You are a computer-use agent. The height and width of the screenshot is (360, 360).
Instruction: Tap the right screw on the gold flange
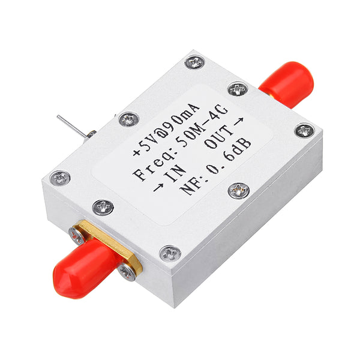pos(127,272)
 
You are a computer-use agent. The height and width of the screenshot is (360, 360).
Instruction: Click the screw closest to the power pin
pos(128,119)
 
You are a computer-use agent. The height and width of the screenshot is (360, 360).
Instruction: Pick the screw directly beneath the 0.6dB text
pos(239,190)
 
